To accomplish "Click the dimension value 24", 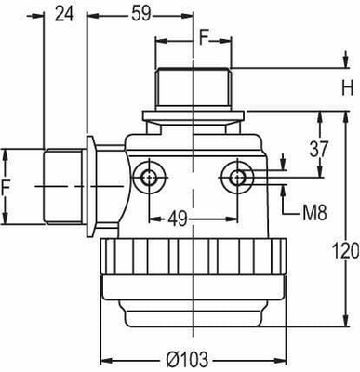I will [x=64, y=13].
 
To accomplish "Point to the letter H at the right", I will [x=346, y=89].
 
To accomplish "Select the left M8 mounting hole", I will [x=146, y=175].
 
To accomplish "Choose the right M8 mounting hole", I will [x=238, y=175].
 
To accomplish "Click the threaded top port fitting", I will [x=193, y=89].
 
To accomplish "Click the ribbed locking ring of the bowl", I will [x=193, y=256].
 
